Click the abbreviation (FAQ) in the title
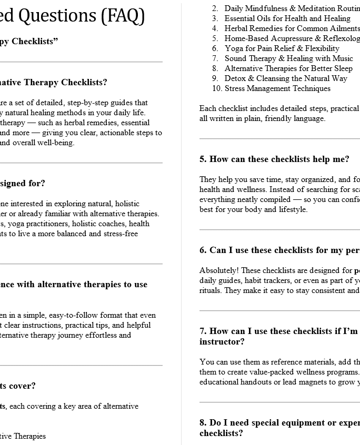[123, 16]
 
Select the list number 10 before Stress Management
[217, 88]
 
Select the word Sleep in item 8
[343, 68]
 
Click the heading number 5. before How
[203, 159]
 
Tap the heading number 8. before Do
[203, 423]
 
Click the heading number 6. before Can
[203, 250]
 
